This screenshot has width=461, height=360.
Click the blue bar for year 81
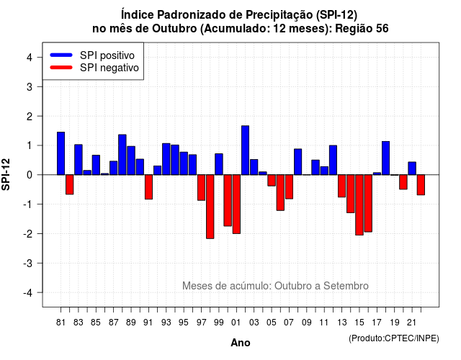click(61, 153)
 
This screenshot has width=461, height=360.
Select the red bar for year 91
click(149, 187)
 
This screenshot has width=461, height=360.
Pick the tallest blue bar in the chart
click(245, 150)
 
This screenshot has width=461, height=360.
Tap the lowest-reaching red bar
click(210, 207)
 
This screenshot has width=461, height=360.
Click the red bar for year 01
click(236, 204)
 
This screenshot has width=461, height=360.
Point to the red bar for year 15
click(359, 204)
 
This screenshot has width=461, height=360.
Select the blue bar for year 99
click(219, 164)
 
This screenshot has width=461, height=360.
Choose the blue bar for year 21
click(412, 168)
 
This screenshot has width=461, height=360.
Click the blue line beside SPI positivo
click(61, 55)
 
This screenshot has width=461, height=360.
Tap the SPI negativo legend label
click(109, 68)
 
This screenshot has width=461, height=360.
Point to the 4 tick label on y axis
click(30, 58)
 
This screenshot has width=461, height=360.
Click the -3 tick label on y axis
click(28, 264)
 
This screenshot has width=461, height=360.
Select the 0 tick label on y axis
click(30, 175)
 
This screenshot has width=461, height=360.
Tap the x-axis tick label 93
click(166, 323)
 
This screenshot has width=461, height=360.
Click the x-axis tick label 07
click(289, 323)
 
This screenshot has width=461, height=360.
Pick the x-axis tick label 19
click(395, 323)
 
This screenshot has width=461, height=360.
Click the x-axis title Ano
click(241, 343)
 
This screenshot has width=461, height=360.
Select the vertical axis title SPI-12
click(6, 174)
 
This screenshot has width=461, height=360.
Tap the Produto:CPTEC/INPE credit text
click(394, 338)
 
